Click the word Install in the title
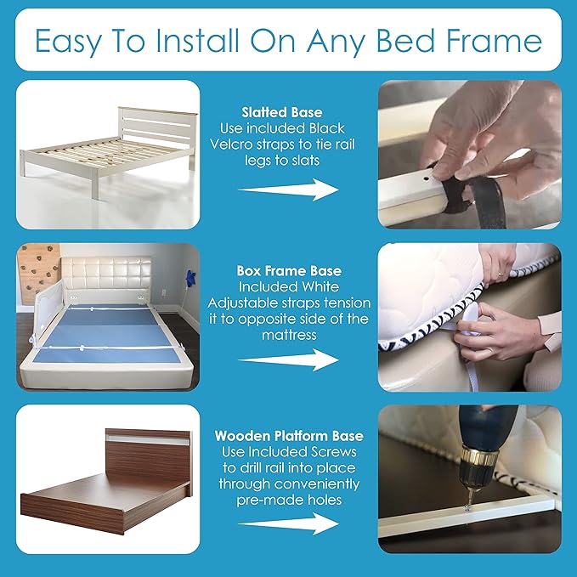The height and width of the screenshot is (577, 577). pyautogui.click(x=196, y=40)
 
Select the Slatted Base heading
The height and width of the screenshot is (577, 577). pyautogui.click(x=282, y=112)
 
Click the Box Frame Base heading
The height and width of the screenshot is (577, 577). pyautogui.click(x=289, y=271)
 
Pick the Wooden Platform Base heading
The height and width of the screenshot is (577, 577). pyautogui.click(x=289, y=436)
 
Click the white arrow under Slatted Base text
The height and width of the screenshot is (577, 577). pyautogui.click(x=289, y=190)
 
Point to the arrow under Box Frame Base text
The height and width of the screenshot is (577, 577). pyautogui.click(x=289, y=359)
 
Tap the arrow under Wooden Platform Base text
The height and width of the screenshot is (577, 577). pyautogui.click(x=289, y=523)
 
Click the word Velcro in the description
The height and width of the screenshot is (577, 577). pyautogui.click(x=231, y=144)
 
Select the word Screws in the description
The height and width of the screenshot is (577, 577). pyautogui.click(x=334, y=452)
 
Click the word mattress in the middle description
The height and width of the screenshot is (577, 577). pyautogui.click(x=289, y=335)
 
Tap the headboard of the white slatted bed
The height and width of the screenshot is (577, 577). pyautogui.click(x=157, y=127)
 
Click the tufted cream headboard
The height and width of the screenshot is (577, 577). pyautogui.click(x=106, y=274)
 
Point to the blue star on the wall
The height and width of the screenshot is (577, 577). pyautogui.click(x=191, y=279)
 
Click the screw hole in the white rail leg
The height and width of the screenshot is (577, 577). pyautogui.click(x=426, y=179)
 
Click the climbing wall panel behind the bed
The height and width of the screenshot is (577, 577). pyautogui.click(x=38, y=273)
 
